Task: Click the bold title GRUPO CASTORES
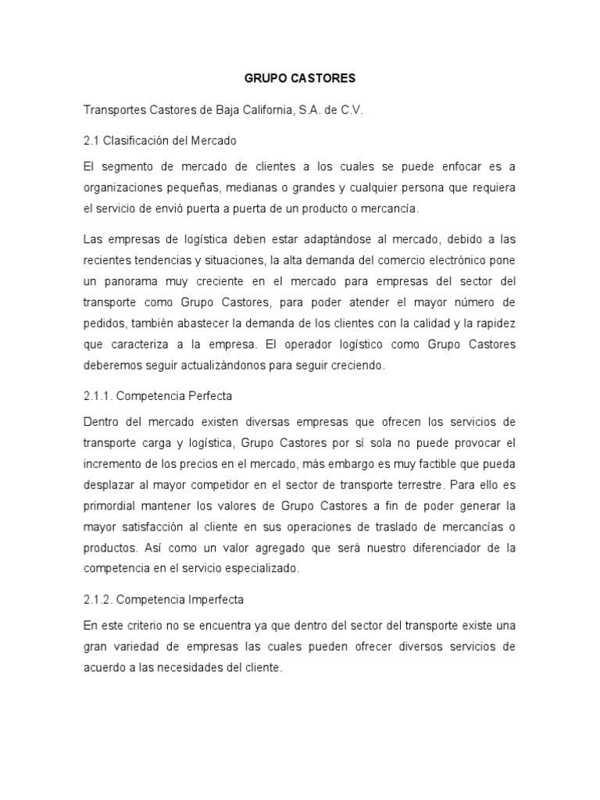(x=300, y=78)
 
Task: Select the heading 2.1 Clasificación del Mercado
(x=159, y=141)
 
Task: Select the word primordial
(x=110, y=506)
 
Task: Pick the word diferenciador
(x=445, y=548)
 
